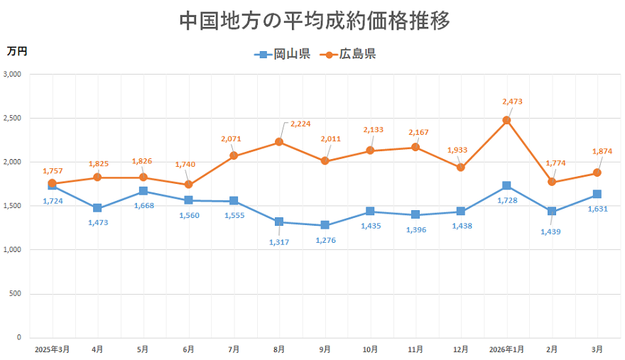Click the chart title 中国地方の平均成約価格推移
315,21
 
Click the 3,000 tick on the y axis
13,74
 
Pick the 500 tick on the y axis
16,294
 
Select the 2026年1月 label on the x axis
506,349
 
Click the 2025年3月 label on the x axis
52,349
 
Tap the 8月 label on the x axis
279,349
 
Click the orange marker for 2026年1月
506,120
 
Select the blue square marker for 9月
325,225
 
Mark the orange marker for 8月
279,142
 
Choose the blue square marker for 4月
97,208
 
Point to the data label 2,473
511,102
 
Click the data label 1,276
325,241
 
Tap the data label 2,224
300,124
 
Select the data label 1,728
506,201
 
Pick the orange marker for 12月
461,168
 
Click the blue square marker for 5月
143,191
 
